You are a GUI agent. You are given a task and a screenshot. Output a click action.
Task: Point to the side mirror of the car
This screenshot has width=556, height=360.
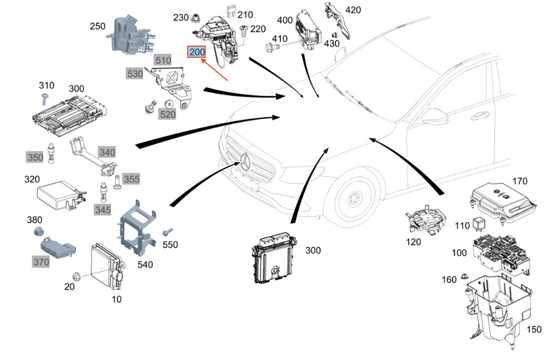(435, 117)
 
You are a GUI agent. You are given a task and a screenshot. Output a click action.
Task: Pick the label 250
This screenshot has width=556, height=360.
(98, 26)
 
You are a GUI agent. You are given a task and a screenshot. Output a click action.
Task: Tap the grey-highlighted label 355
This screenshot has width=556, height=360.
(132, 179)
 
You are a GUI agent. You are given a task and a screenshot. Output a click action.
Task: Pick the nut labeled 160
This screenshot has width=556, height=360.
(465, 277)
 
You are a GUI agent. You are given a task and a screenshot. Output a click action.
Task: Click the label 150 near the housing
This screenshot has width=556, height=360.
(533, 330)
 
